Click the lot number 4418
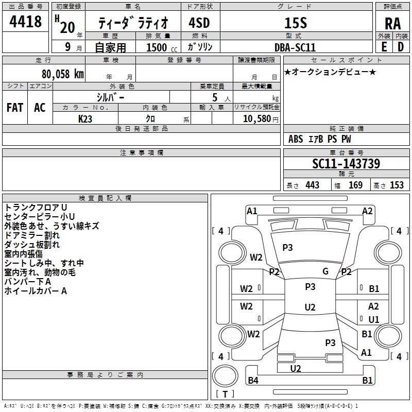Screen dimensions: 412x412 (25, 22)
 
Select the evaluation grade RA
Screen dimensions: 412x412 (392, 24)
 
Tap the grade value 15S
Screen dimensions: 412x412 (295, 23)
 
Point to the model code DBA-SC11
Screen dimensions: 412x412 (295, 47)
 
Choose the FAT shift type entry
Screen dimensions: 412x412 (15, 108)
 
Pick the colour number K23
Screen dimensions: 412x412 (85, 118)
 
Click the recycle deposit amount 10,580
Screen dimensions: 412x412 (255, 118)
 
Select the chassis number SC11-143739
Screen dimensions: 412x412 (346, 164)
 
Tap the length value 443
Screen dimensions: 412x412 (312, 185)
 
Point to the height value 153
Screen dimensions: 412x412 (397, 185)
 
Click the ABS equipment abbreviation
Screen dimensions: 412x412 (296, 139)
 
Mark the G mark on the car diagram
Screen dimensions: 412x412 (325, 271)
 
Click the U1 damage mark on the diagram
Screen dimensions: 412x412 (373, 320)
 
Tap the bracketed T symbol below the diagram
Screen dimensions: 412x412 (225, 394)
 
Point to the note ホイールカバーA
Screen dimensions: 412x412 (36, 291)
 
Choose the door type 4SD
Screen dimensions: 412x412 (199, 23)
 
